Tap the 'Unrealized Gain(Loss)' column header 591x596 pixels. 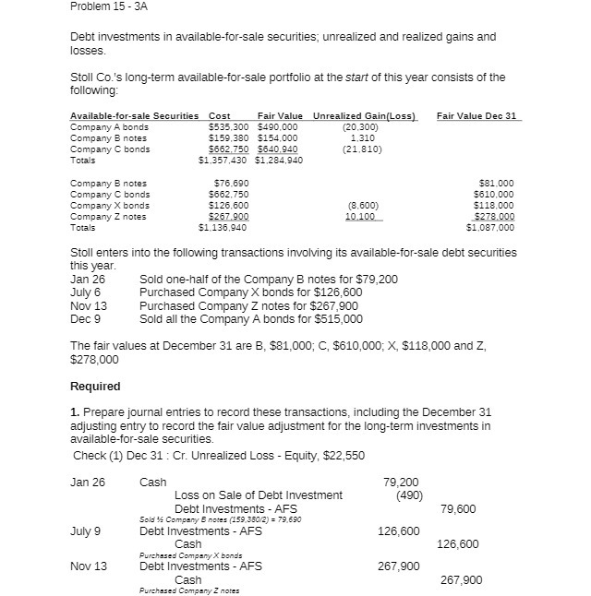pyautogui.click(x=366, y=115)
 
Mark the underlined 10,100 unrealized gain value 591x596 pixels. pyautogui.click(x=361, y=217)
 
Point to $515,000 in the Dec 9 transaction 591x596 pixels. pyautogui.click(x=339, y=319)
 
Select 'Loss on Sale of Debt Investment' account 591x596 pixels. pyautogui.click(x=258, y=495)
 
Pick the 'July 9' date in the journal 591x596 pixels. pyautogui.click(x=86, y=530)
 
